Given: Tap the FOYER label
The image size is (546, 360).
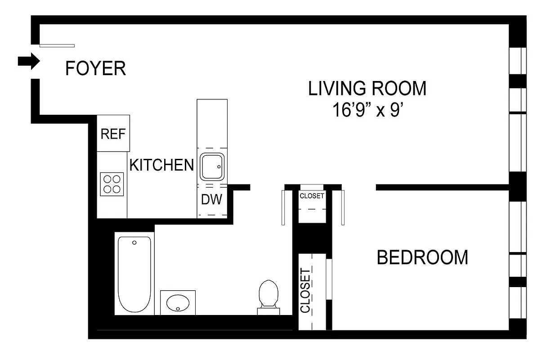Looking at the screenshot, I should (x=95, y=68).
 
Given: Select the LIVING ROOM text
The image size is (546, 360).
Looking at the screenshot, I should (x=367, y=88).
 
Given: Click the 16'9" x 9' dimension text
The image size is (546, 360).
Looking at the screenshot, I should (x=367, y=110).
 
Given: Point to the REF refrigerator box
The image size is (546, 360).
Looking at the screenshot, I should (x=113, y=134).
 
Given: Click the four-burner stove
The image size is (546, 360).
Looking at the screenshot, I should (x=112, y=184).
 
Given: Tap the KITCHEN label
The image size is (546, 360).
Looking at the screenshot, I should (x=161, y=165).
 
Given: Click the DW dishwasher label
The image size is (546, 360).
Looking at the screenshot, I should (x=211, y=199).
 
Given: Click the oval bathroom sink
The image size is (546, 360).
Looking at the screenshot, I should (x=178, y=302).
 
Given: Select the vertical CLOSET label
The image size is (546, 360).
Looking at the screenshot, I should (x=306, y=290).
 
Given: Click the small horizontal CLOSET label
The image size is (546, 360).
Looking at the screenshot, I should (x=312, y=196).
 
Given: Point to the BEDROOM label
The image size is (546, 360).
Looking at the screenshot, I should (x=422, y=257).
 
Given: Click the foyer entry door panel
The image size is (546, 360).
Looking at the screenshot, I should (x=57, y=45).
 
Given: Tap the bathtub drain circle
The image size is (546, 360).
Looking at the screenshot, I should (x=134, y=243).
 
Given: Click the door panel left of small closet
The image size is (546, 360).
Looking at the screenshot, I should (x=283, y=207).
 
